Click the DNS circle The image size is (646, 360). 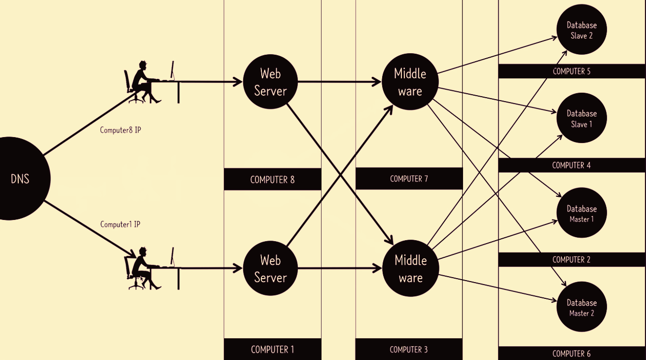point(20,179)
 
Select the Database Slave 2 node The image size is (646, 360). point(581,30)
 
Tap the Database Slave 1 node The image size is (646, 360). point(581,118)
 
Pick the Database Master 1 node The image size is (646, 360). point(581,214)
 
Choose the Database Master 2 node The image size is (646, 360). point(581,308)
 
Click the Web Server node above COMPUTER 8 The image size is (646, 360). point(270,82)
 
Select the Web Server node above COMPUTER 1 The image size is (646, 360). point(270,268)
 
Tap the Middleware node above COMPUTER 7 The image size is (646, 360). point(410,82)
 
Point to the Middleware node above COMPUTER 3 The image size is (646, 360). point(410,268)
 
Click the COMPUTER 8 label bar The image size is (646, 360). point(272,180)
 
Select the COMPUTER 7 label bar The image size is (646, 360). point(409,179)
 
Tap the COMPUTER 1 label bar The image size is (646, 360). point(272,349)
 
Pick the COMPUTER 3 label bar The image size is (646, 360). point(409,349)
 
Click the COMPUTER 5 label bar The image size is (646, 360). point(572,71)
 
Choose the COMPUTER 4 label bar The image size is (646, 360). point(572,165)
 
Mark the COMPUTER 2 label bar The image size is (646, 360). point(572,259)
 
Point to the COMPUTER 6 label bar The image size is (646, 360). point(572,353)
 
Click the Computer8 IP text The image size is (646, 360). point(120,130)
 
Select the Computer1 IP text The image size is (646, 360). point(120,224)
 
